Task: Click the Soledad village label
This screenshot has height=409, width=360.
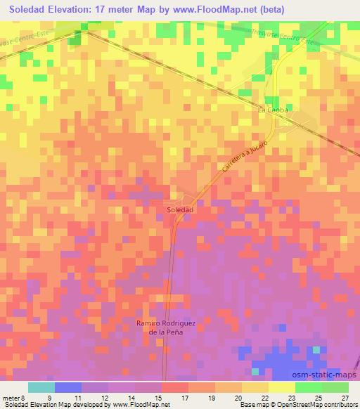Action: pos(181,209)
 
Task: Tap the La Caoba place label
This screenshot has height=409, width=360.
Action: pos(274,110)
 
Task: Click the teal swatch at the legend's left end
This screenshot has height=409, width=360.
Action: pos(41,387)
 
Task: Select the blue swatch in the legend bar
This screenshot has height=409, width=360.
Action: pos(68,387)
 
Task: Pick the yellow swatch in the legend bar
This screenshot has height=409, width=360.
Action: pos(281,387)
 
